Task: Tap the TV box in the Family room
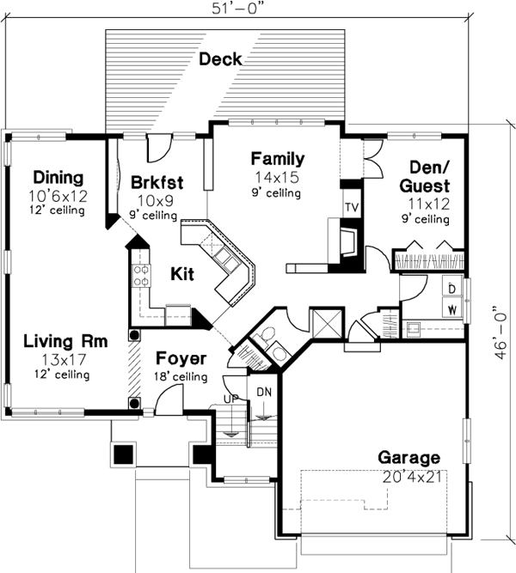(351, 207)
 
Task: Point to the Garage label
(408, 459)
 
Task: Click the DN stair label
(263, 392)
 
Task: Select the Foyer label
(181, 357)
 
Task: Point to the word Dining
(53, 179)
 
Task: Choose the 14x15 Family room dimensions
(276, 176)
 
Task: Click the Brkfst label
(154, 182)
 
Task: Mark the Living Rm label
(65, 341)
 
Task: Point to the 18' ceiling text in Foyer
(180, 376)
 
